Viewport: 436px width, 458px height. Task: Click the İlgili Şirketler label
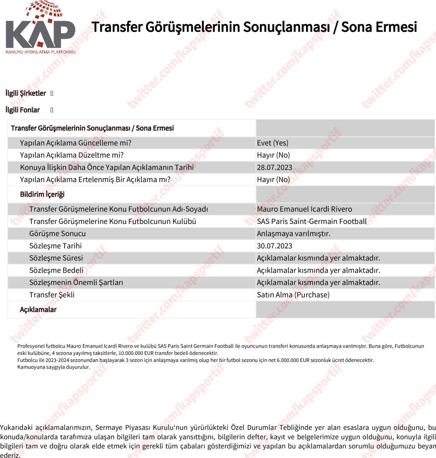coord(25,93)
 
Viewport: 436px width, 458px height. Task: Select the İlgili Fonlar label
coord(23,110)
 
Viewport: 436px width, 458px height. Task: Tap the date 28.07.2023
coord(274,167)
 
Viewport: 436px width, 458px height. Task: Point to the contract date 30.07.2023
coord(274,246)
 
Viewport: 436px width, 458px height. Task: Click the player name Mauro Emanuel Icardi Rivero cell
coord(304,209)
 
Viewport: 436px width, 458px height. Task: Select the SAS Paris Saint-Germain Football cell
coord(311,221)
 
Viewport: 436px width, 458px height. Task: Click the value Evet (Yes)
coord(272,143)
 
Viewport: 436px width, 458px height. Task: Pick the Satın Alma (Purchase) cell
coord(293,295)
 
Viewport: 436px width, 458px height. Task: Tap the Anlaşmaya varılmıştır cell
coord(294,234)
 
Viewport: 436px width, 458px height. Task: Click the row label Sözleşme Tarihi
coord(55,246)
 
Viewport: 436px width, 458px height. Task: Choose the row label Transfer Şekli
coord(52,295)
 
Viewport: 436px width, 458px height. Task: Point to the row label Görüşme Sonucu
coord(57,234)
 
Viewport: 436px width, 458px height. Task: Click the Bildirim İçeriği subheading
coord(42,194)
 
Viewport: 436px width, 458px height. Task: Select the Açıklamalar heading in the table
coord(38,310)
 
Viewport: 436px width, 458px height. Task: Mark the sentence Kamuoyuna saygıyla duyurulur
coord(53,367)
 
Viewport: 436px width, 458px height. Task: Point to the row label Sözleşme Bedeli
coord(56,271)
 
